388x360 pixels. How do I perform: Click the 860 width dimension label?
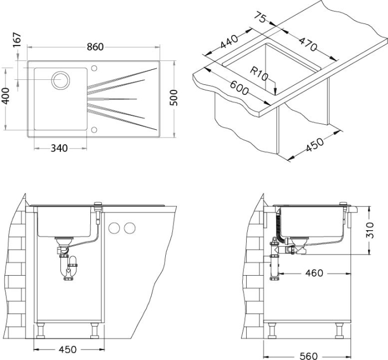pos(95,47)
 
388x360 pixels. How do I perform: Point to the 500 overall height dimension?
pos(174,98)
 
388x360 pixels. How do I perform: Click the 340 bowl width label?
pos(59,148)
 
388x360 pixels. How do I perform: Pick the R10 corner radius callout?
pos(259,74)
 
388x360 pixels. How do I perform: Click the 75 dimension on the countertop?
pos(260,18)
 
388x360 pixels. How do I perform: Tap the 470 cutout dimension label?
pos(308,44)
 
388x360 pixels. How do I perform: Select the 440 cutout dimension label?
pos(229,42)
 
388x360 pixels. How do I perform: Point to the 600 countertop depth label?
pos(239,88)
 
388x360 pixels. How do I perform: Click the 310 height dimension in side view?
pos(370,230)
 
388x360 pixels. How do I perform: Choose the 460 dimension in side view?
pos(314,273)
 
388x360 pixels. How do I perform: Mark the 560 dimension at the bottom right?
pos(308,356)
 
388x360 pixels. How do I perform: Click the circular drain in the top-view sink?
pos(60,80)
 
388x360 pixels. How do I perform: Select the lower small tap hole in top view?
pos(94,130)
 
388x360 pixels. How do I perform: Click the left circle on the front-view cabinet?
pos(114,228)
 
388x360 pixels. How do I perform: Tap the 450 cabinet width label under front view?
pos(68,349)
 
